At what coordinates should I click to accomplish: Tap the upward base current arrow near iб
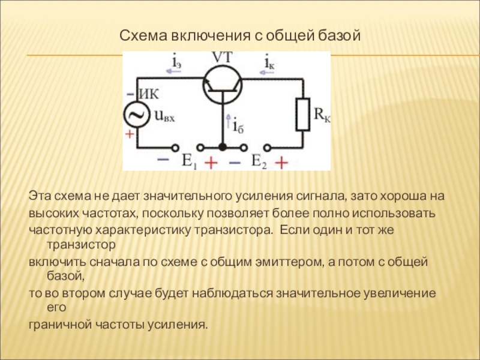[x=227, y=124]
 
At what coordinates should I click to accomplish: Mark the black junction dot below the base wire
[x=221, y=147]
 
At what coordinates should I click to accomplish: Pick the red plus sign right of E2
[x=281, y=162]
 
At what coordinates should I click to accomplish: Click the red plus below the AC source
[x=130, y=136]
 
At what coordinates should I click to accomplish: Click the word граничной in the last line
[x=59, y=325]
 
